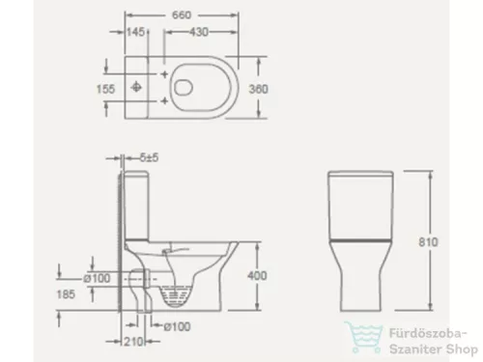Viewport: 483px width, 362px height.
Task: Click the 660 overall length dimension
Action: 181,14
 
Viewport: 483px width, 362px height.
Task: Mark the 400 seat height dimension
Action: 252,275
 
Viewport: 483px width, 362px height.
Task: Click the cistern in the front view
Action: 362,203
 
